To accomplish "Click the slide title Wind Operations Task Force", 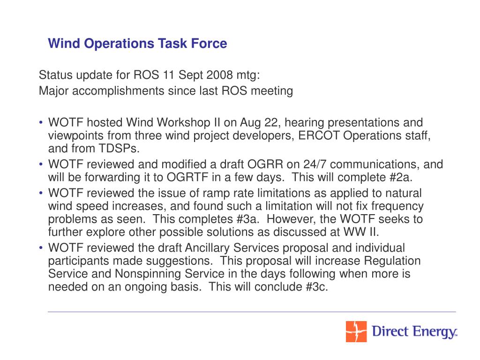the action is tap(137, 44).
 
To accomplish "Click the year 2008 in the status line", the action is tap(220, 75).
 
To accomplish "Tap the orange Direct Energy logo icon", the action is tap(356, 331).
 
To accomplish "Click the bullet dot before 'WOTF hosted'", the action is tap(41, 122).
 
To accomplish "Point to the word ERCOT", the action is tap(319, 135).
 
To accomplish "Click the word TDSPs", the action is tap(119, 149).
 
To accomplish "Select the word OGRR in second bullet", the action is tap(265, 165).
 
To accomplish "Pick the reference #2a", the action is tap(401, 177).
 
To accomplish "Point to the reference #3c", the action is tap(316, 287).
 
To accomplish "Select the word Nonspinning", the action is tap(148, 274).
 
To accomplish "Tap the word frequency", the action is tap(397, 206).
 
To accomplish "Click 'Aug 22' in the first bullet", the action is tap(259, 123).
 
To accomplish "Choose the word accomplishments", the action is tap(118, 91).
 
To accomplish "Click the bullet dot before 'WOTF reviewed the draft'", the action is tap(41, 247).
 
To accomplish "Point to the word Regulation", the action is tap(392, 261).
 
